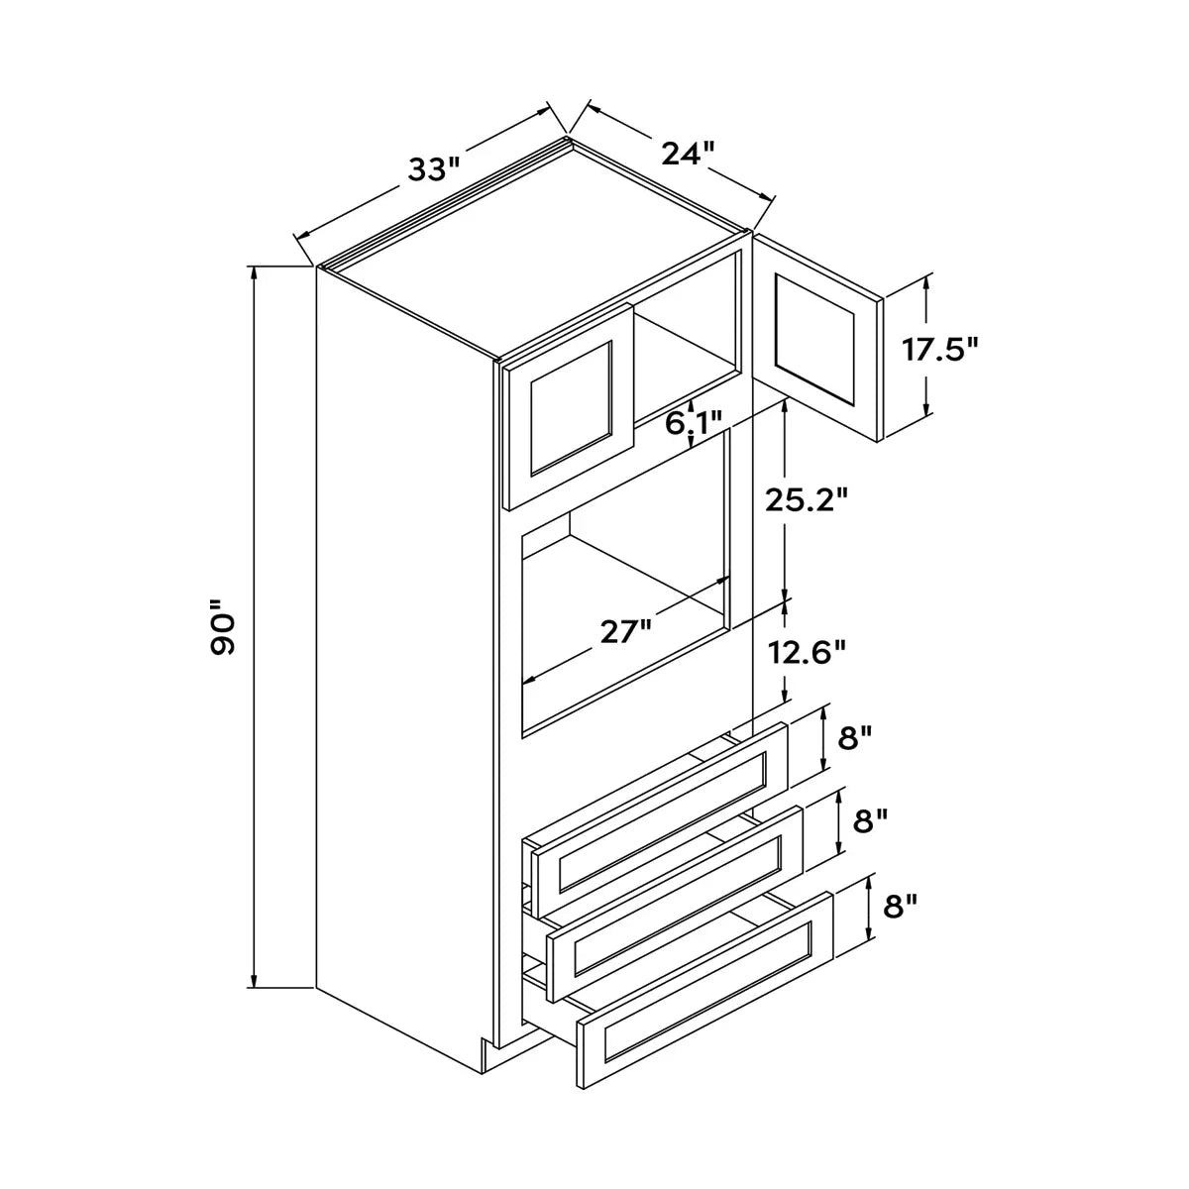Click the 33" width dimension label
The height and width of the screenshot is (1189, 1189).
[x=434, y=168]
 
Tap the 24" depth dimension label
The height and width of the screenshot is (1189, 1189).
[x=688, y=153]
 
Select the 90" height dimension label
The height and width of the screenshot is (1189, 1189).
[x=223, y=626]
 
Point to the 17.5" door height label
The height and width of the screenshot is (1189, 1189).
[x=940, y=349]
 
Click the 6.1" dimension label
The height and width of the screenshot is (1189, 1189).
[x=694, y=423]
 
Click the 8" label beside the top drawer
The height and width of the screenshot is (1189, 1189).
[x=854, y=737]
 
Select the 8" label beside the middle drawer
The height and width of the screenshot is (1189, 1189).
[x=870, y=820]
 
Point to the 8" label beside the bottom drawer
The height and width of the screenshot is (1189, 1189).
[x=901, y=906]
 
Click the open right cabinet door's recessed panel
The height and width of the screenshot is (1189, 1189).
[x=815, y=340]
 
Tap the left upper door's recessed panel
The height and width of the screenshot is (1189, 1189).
[x=571, y=408]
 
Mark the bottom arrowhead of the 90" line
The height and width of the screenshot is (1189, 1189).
[x=253, y=979]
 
